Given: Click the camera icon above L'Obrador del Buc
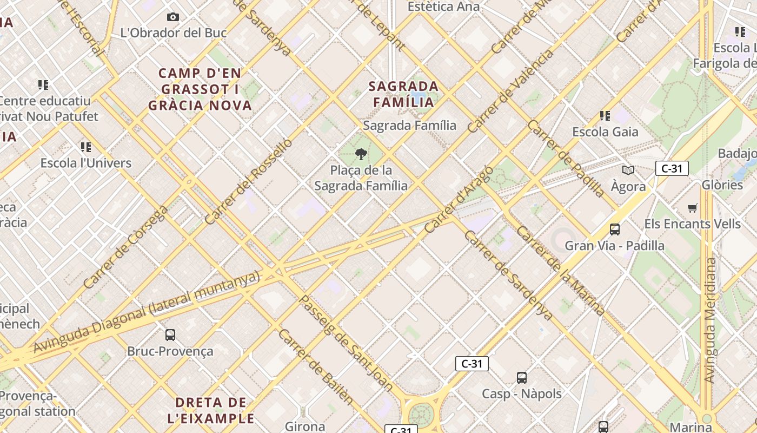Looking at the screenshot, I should tap(173, 17).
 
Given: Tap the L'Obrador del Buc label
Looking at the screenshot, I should tap(173, 32).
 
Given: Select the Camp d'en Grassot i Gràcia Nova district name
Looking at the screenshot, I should tap(200, 89).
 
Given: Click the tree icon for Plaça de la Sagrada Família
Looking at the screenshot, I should tap(361, 155).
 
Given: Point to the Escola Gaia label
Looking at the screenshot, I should tap(605, 132).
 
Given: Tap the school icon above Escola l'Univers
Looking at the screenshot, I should tap(86, 147).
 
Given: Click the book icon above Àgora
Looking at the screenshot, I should tap(628, 170).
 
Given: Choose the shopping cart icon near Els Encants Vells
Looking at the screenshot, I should tap(692, 208).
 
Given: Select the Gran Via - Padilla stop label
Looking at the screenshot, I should tap(614, 245).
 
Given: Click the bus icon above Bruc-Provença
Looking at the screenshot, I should tap(170, 335).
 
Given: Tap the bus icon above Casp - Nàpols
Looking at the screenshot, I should tap(522, 378).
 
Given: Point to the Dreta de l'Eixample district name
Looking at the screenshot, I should tap(211, 410).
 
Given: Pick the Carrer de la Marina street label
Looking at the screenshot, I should tap(560, 271).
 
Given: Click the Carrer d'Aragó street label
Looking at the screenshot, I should tap(459, 199).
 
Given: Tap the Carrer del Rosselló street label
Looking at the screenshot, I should tap(249, 181).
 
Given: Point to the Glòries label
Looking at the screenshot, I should tap(722, 185).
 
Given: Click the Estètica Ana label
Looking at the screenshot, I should tap(443, 6).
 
